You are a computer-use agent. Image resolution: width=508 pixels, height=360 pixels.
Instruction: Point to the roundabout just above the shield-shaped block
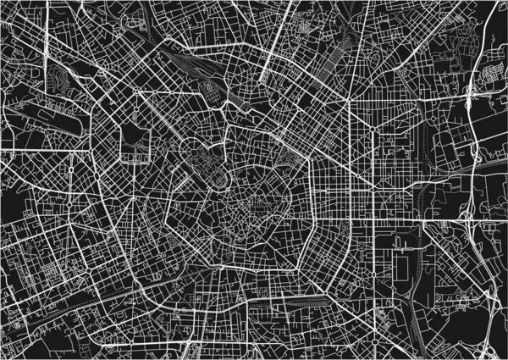click(x=135, y=91)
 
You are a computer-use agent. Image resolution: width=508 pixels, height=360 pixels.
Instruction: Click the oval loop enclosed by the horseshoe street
click(x=218, y=176)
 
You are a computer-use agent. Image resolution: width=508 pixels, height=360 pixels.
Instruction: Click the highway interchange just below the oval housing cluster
click(x=471, y=93)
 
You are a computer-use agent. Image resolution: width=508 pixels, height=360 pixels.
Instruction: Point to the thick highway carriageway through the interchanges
click(x=468, y=169)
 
